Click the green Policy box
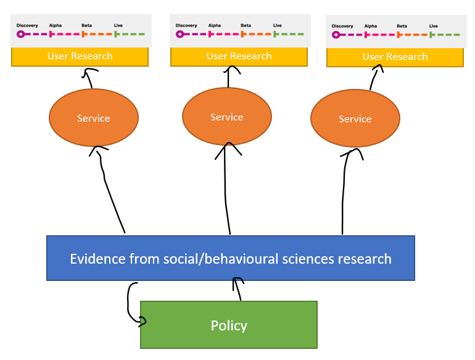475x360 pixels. point(228,325)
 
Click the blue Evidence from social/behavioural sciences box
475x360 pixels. point(230,258)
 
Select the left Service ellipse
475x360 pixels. point(93,118)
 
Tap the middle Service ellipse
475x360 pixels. point(226,117)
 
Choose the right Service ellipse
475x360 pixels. point(355,119)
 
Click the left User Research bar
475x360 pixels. point(80,56)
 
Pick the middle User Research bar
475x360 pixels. point(239,56)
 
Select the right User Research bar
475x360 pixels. point(395,57)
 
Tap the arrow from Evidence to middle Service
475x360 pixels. point(227,191)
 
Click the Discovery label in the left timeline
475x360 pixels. point(27,25)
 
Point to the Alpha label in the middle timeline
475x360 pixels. point(214,25)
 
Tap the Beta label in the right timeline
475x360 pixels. point(402,26)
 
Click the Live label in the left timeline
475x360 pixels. point(118,25)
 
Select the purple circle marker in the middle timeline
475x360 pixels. point(180,34)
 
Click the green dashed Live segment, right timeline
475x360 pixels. point(446,35)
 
